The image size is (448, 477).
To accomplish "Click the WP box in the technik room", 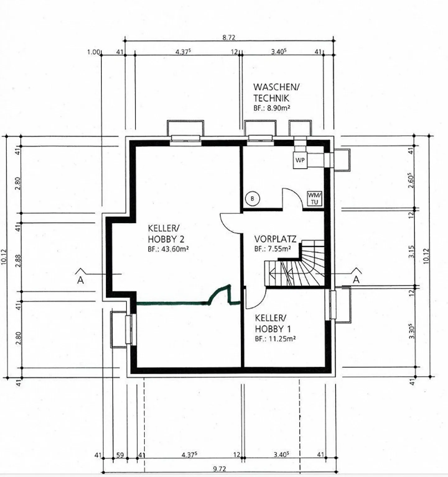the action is (300, 160).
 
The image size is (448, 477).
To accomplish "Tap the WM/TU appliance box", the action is (314, 198).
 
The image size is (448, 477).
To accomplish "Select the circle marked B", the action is (252, 198).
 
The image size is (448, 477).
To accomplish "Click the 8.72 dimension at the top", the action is (229, 38).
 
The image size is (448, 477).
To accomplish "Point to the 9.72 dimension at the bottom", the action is (220, 469).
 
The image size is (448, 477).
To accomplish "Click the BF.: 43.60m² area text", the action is (169, 249).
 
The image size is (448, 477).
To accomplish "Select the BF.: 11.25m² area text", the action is (275, 339).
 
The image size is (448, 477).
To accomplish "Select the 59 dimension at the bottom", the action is (120, 456).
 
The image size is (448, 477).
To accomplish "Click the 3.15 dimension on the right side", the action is (412, 252).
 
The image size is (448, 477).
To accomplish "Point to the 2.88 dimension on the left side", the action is (18, 261).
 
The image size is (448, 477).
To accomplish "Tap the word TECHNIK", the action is (271, 98).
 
